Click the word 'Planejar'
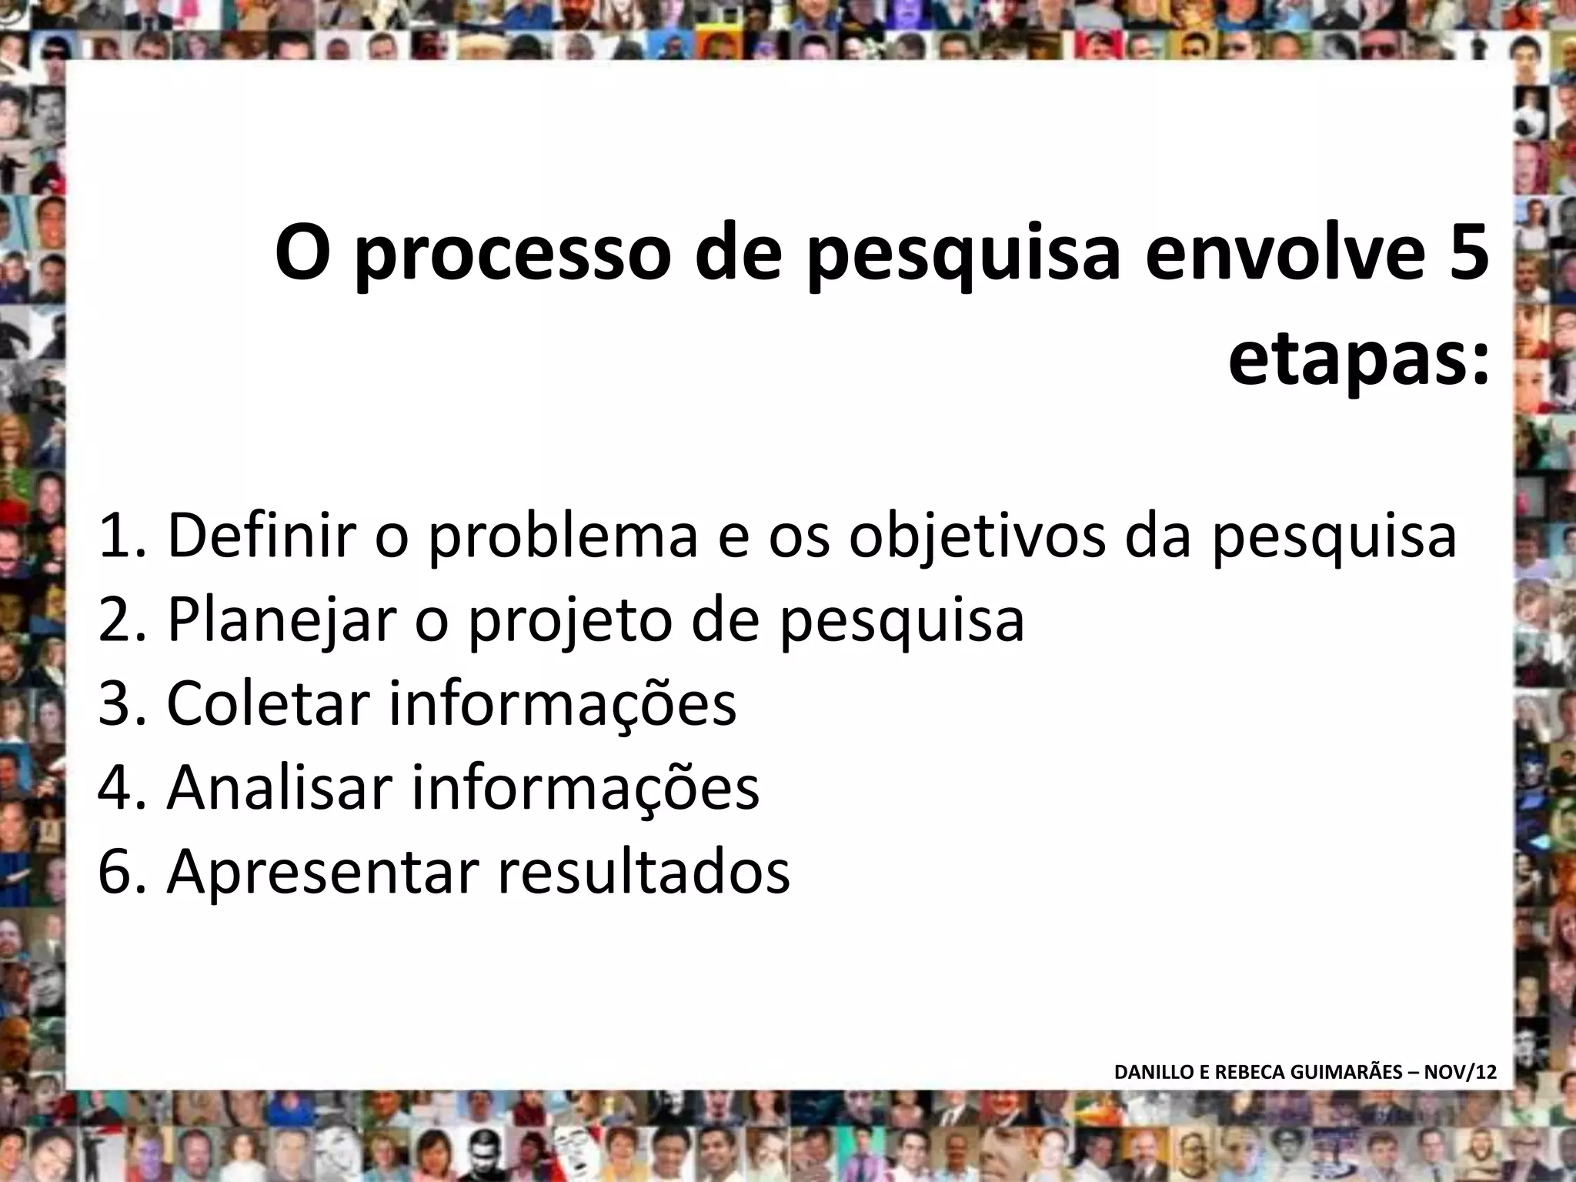pos(281,619)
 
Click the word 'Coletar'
pos(269,703)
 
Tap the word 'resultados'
pos(643,872)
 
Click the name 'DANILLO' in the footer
pos(1150,1072)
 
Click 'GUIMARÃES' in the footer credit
pos(1347,1072)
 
